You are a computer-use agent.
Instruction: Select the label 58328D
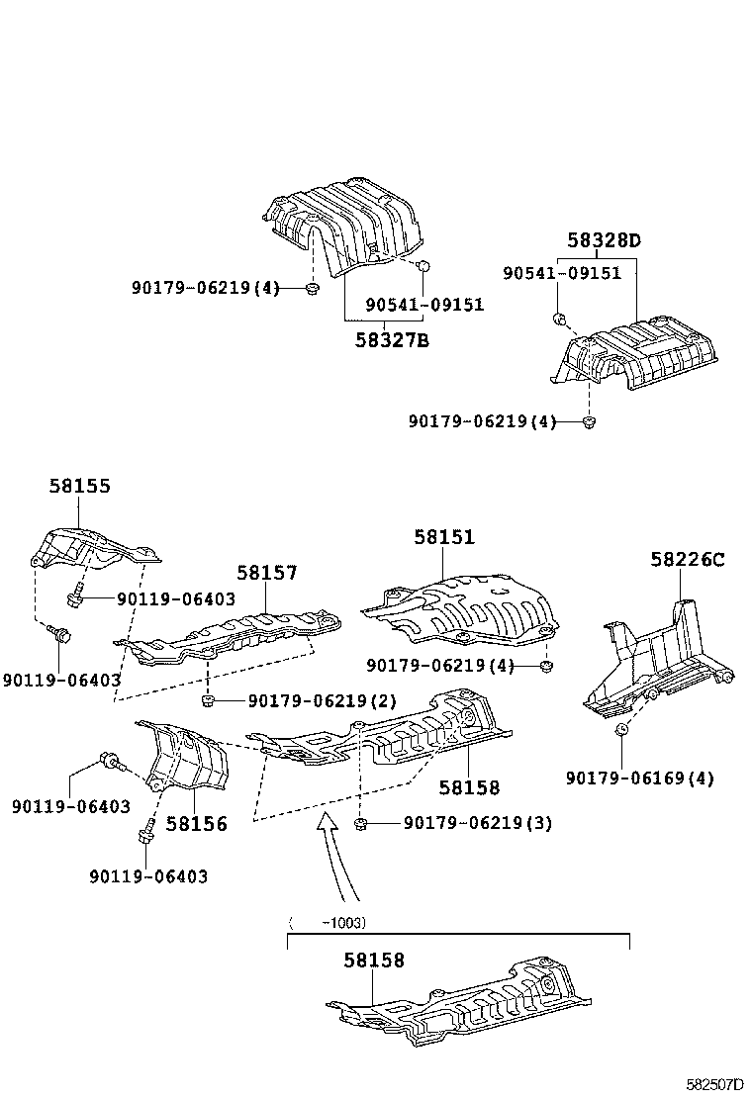pos(604,240)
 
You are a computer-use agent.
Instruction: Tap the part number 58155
pos(80,486)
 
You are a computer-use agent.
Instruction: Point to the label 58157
pos(266,573)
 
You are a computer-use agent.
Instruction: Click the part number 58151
pos(444,537)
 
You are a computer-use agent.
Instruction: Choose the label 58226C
pos(687,560)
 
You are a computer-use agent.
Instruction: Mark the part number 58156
pos(196,823)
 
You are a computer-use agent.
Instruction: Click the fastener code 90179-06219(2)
pos(322,701)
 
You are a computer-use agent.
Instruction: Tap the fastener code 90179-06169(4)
pos(639,779)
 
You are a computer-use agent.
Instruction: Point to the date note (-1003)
pos(328,923)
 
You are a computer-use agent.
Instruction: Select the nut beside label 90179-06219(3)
pos(361,823)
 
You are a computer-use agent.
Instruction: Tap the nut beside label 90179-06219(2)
pos(209,701)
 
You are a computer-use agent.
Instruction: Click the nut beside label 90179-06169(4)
pos(623,731)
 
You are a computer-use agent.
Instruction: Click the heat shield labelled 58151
pos(460,603)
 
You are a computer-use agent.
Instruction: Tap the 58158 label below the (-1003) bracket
pos(374,961)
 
